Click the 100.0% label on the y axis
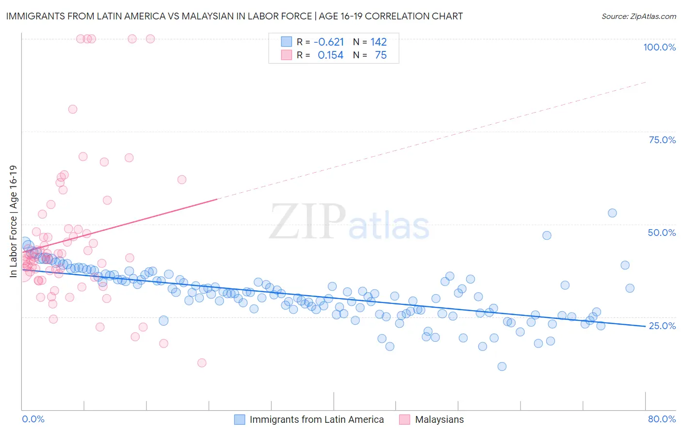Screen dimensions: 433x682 tap(659, 47)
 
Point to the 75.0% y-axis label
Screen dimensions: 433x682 tap(662, 140)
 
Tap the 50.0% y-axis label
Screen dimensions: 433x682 tap(662, 233)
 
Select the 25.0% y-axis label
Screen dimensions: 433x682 tap(662, 325)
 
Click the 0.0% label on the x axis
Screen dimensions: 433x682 tap(33, 419)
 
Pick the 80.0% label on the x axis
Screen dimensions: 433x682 tap(662, 419)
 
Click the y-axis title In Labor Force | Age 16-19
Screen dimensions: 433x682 tap(13, 221)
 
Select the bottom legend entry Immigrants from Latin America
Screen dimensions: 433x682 tap(317, 419)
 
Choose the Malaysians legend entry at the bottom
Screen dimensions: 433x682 tap(439, 419)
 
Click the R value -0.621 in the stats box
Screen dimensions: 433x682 tap(329, 42)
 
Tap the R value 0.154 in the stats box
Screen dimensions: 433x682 tap(330, 55)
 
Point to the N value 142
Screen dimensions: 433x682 tap(378, 42)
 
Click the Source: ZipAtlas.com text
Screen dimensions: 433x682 tap(638, 17)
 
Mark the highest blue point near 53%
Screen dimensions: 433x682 tap(612, 213)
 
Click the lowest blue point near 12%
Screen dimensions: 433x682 tap(502, 366)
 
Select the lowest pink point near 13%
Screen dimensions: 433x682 tap(202, 363)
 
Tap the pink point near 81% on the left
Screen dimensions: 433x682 tap(73, 109)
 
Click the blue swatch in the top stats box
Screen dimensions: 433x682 tap(287, 42)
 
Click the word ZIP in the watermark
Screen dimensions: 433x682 tap(308, 222)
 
